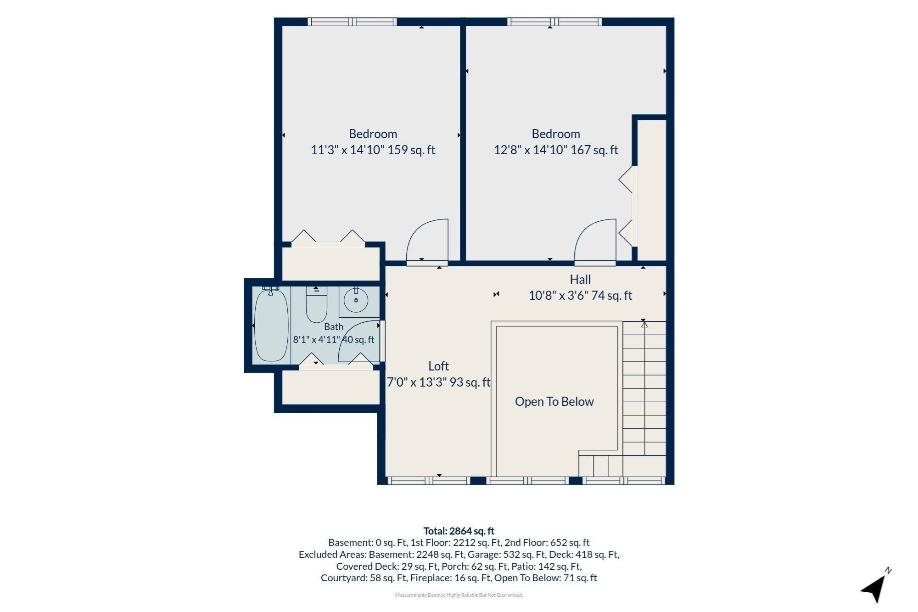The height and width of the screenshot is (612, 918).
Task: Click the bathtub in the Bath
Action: click(x=271, y=325)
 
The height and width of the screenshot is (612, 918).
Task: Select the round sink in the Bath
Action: click(x=356, y=300)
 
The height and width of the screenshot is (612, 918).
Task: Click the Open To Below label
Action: click(x=554, y=402)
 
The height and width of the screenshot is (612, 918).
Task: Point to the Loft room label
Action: click(x=438, y=366)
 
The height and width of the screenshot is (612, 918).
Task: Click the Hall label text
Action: click(x=580, y=279)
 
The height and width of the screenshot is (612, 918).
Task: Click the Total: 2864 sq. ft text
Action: click(x=459, y=531)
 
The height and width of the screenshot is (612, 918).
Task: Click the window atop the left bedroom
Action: click(x=352, y=22)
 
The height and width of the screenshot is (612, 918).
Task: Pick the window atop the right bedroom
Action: click(x=554, y=22)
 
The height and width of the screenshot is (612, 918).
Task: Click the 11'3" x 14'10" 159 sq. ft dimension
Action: click(x=373, y=150)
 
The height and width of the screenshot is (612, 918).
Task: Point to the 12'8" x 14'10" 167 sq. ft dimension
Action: click(x=556, y=150)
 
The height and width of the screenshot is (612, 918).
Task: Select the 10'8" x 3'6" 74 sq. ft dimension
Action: click(x=580, y=296)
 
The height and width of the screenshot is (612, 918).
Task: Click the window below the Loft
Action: click(x=429, y=481)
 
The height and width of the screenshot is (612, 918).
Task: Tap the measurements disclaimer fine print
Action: click(x=459, y=595)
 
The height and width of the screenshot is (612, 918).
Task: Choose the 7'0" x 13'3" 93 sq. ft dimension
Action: click(x=439, y=382)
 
